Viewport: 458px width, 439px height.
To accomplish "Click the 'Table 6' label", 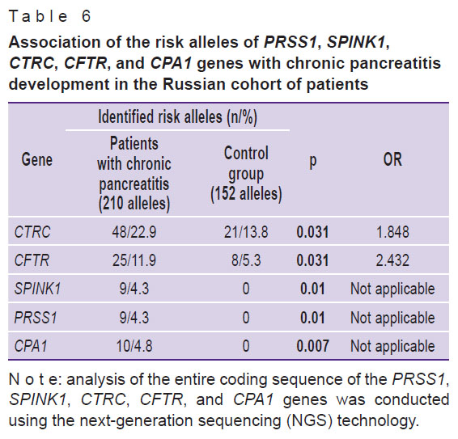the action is pos(50,16).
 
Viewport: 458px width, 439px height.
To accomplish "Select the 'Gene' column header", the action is pos(36,159).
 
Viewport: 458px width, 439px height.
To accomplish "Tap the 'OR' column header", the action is pos(392,159).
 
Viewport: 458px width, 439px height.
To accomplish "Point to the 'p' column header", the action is pos(313,161).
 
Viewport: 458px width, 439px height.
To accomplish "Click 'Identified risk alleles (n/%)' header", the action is pos(177,117).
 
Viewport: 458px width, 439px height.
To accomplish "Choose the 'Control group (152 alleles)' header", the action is pos(246,174).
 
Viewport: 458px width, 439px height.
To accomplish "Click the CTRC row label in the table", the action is pos(32,232).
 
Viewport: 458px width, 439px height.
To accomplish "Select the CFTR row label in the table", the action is pos(32,260).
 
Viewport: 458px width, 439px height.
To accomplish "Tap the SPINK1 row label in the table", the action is pos(38,289).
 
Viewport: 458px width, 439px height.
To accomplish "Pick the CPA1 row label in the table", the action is pos(31,346).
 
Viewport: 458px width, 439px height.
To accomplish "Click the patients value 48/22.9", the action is pos(134,232).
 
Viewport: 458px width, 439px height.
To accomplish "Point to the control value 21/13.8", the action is pos(246,232).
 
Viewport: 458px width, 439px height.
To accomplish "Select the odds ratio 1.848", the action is pos(392,232).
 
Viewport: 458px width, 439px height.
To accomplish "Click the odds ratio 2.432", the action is pos(392,260).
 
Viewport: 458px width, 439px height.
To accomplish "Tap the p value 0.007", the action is pos(312,346).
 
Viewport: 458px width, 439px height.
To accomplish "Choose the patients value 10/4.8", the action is pos(134,346).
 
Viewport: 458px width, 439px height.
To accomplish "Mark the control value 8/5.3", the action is pos(246,260).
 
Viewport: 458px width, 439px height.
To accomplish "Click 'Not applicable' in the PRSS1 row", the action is pos(392,318).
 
